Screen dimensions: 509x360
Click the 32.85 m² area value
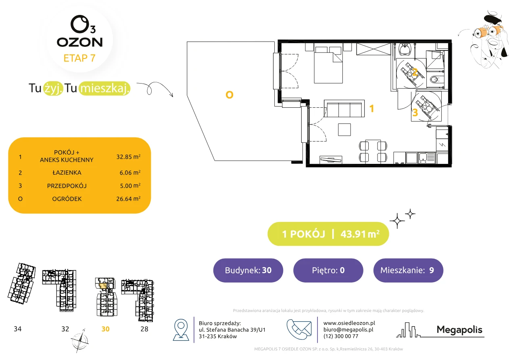click(128, 157)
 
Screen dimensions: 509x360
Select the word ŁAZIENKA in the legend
click(67, 173)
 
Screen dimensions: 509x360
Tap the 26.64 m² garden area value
click(128, 199)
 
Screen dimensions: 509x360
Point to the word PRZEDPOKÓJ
click(67, 186)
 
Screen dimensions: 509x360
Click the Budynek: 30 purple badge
click(248, 270)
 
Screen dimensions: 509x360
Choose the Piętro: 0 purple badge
click(328, 270)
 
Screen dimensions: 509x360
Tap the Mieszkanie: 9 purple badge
click(408, 270)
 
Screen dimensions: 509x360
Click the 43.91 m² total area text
click(360, 234)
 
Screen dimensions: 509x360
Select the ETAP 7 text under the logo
click(79, 58)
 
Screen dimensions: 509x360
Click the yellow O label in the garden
click(229, 95)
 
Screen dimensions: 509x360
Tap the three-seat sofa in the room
click(344, 109)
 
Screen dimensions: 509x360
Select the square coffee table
click(344, 130)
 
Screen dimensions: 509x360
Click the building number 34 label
click(18, 329)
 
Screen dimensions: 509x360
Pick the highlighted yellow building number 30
click(105, 329)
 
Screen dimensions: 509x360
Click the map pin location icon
click(181, 330)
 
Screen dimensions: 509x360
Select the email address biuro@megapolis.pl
click(348, 330)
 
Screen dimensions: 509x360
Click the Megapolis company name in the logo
click(459, 330)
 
